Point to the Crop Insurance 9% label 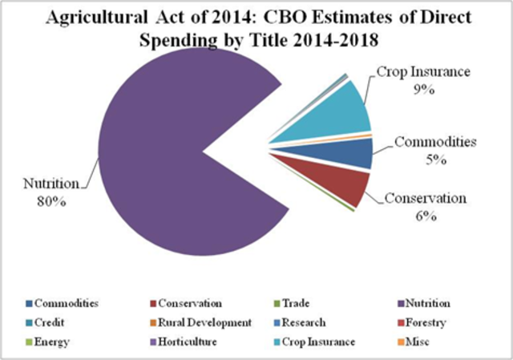(418, 82)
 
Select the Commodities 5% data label (435, 150)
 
